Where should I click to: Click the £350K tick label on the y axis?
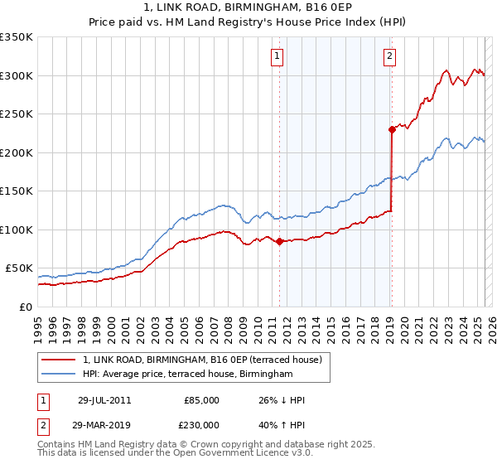(x=17, y=37)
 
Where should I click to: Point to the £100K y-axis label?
(x=17, y=230)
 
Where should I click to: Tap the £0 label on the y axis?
(x=25, y=307)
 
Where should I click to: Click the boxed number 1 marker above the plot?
(x=277, y=57)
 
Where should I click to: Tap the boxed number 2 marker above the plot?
(x=389, y=57)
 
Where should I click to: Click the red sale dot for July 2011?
(x=279, y=241)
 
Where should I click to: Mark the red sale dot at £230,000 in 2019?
(x=392, y=129)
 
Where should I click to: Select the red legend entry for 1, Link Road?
(x=207, y=359)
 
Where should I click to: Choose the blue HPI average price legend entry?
(x=187, y=375)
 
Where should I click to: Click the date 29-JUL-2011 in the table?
(x=104, y=400)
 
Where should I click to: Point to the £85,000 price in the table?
(x=201, y=400)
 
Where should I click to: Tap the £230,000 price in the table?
(x=201, y=424)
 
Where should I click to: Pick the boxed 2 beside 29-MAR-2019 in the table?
(x=43, y=424)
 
